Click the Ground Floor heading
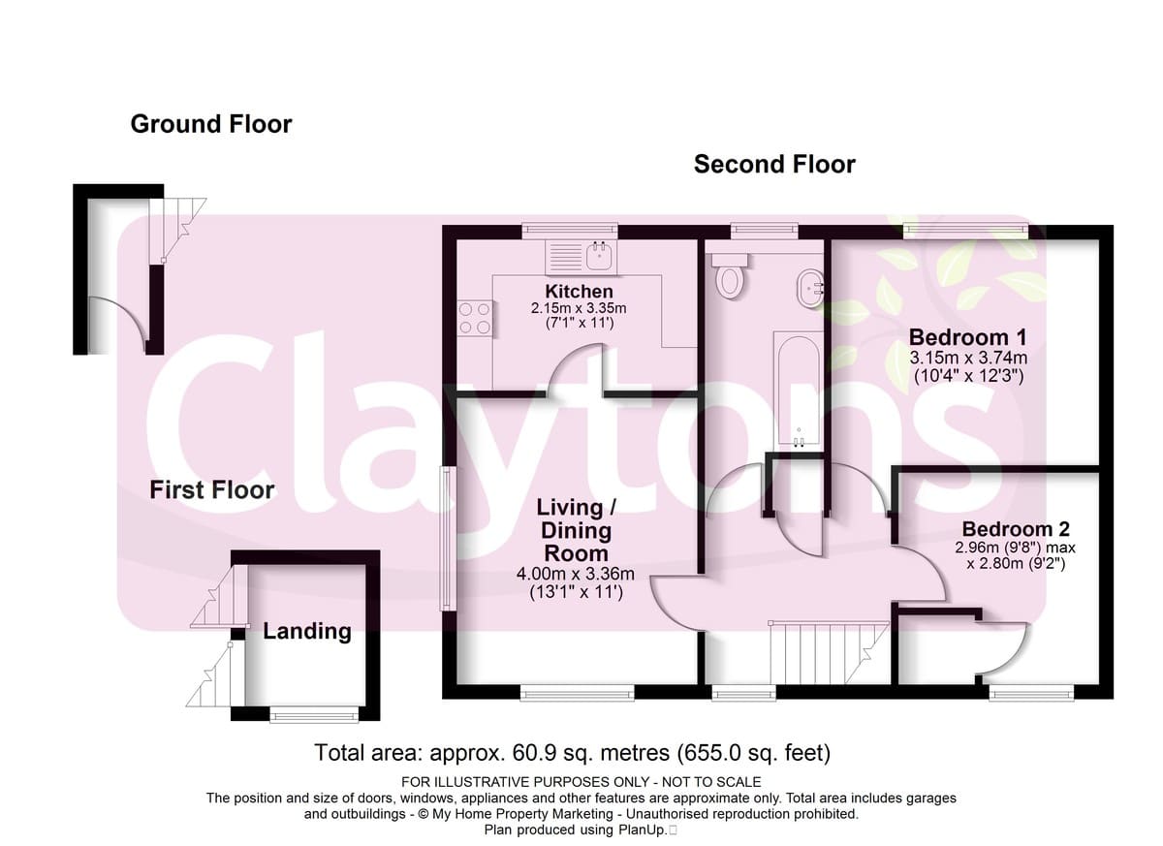211,125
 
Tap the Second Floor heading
774,165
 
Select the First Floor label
212,490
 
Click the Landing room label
307,632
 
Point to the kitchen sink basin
600,256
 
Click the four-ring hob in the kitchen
475,318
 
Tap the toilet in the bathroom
730,275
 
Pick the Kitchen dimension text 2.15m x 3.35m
579,308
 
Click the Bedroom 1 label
968,337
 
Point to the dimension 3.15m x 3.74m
968,358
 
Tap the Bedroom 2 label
1016,529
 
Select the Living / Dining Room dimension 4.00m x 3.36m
576,574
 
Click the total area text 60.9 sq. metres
591,753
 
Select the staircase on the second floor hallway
829,652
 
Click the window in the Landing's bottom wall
314,717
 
